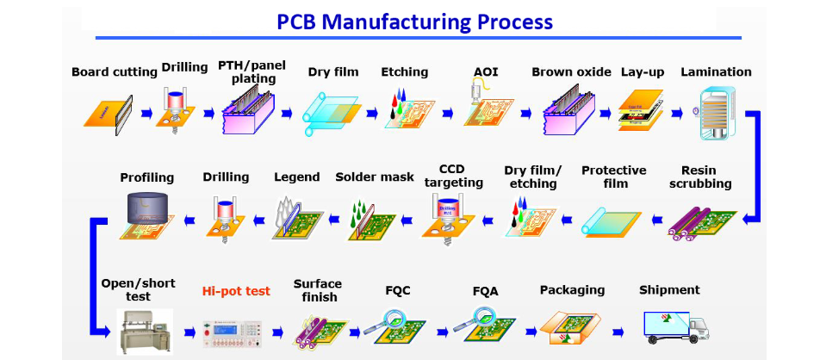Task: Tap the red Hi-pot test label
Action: (x=236, y=291)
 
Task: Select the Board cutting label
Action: (x=115, y=71)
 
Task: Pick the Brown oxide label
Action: (x=571, y=71)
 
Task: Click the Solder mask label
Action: (x=375, y=177)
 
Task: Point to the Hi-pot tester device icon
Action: (x=234, y=328)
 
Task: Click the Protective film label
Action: (x=613, y=177)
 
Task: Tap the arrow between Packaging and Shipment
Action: (x=618, y=331)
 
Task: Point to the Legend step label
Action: (x=297, y=177)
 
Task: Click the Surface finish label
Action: (x=318, y=290)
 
